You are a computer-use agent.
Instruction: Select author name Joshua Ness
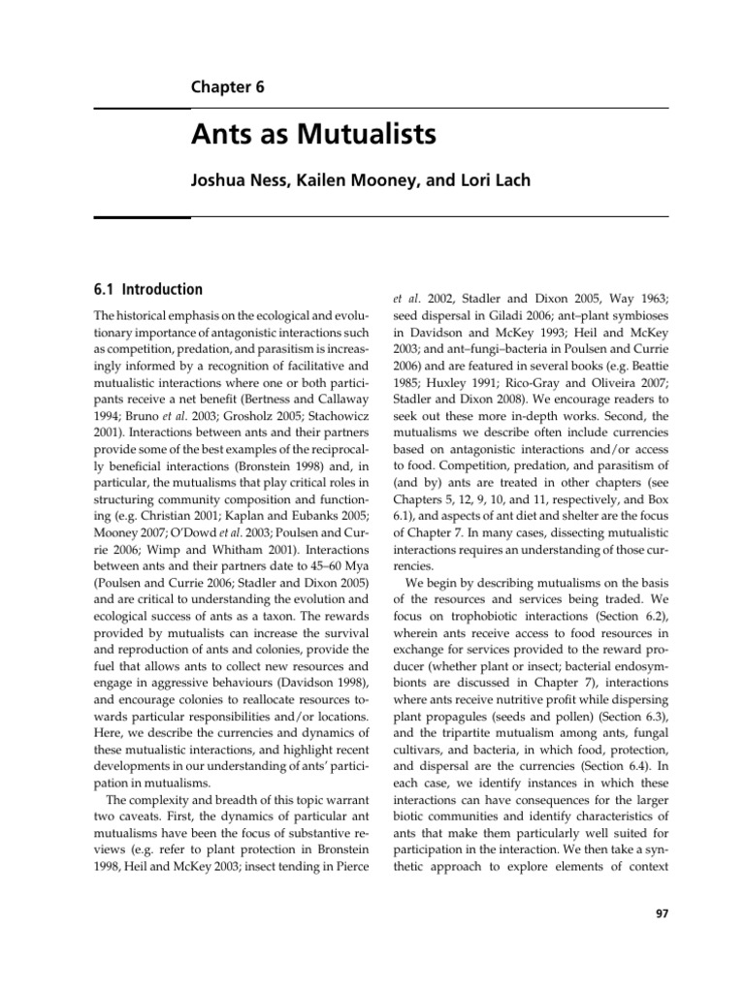click(234, 183)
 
